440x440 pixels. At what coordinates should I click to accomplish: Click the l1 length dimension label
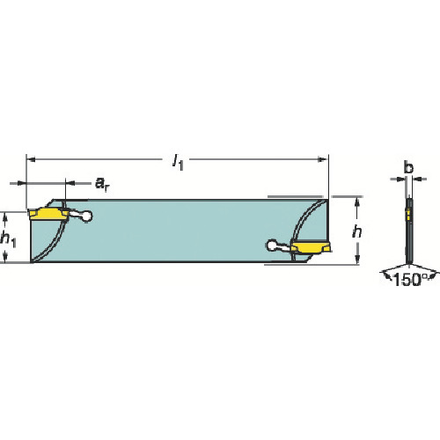(x=178, y=162)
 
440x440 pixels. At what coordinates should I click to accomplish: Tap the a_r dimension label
(x=102, y=184)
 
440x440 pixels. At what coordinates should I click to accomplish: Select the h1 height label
(x=8, y=238)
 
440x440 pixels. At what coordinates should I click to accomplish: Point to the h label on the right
(x=357, y=232)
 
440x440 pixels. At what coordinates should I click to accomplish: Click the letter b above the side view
(x=408, y=167)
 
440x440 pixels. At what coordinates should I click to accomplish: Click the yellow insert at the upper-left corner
(x=48, y=213)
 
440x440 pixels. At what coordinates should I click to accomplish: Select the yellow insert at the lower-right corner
(x=311, y=246)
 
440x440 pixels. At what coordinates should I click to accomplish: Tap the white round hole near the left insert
(x=86, y=216)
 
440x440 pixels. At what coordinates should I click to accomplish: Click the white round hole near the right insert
(x=272, y=246)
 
